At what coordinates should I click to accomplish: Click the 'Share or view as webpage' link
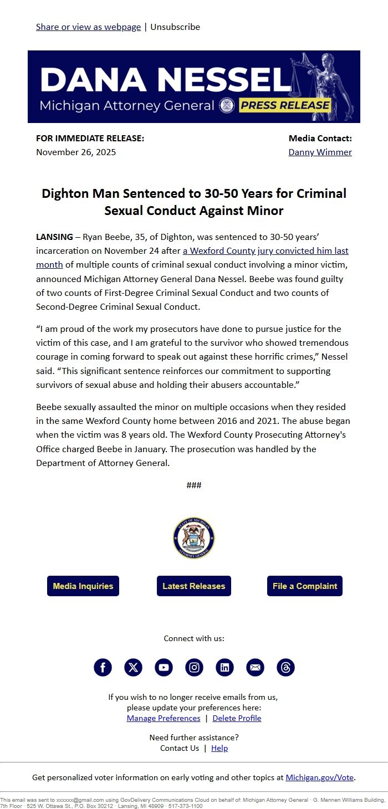[88, 27]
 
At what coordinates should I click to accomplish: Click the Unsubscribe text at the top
[175, 27]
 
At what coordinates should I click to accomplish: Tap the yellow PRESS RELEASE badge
[285, 105]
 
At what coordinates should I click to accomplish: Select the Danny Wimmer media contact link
[320, 152]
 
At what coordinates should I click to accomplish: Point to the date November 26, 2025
[76, 152]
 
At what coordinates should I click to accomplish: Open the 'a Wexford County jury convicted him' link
[266, 251]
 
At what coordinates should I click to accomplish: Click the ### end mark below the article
[194, 485]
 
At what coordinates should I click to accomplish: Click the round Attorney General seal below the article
[194, 538]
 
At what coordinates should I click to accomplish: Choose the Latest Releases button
[194, 586]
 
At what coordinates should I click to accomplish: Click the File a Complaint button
[305, 586]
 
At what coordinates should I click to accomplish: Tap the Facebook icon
[103, 667]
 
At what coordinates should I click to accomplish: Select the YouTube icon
[164, 667]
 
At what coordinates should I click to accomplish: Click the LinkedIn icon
[224, 667]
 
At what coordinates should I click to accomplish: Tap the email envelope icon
[255, 667]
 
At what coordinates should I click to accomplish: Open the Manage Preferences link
[164, 718]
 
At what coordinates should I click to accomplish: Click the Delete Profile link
[237, 718]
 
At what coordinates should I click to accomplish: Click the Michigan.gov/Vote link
[319, 777]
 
